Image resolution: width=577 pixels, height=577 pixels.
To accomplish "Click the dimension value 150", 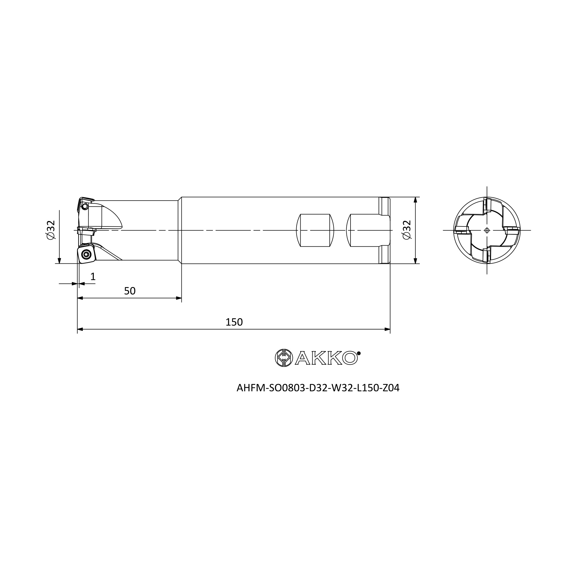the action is [234, 322].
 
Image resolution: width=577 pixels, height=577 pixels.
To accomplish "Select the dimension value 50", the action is [130, 291].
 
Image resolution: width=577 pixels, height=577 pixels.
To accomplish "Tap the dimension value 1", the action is [93, 277].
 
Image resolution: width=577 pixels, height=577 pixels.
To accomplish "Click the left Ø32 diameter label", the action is [51, 230].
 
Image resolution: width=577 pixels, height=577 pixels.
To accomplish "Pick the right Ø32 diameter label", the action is [407, 230].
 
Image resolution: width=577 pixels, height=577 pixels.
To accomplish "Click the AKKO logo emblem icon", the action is [284, 358].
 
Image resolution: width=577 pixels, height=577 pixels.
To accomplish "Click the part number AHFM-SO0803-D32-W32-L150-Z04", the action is [318, 388].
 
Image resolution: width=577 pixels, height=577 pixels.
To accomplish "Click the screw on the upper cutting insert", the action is [85, 206].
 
